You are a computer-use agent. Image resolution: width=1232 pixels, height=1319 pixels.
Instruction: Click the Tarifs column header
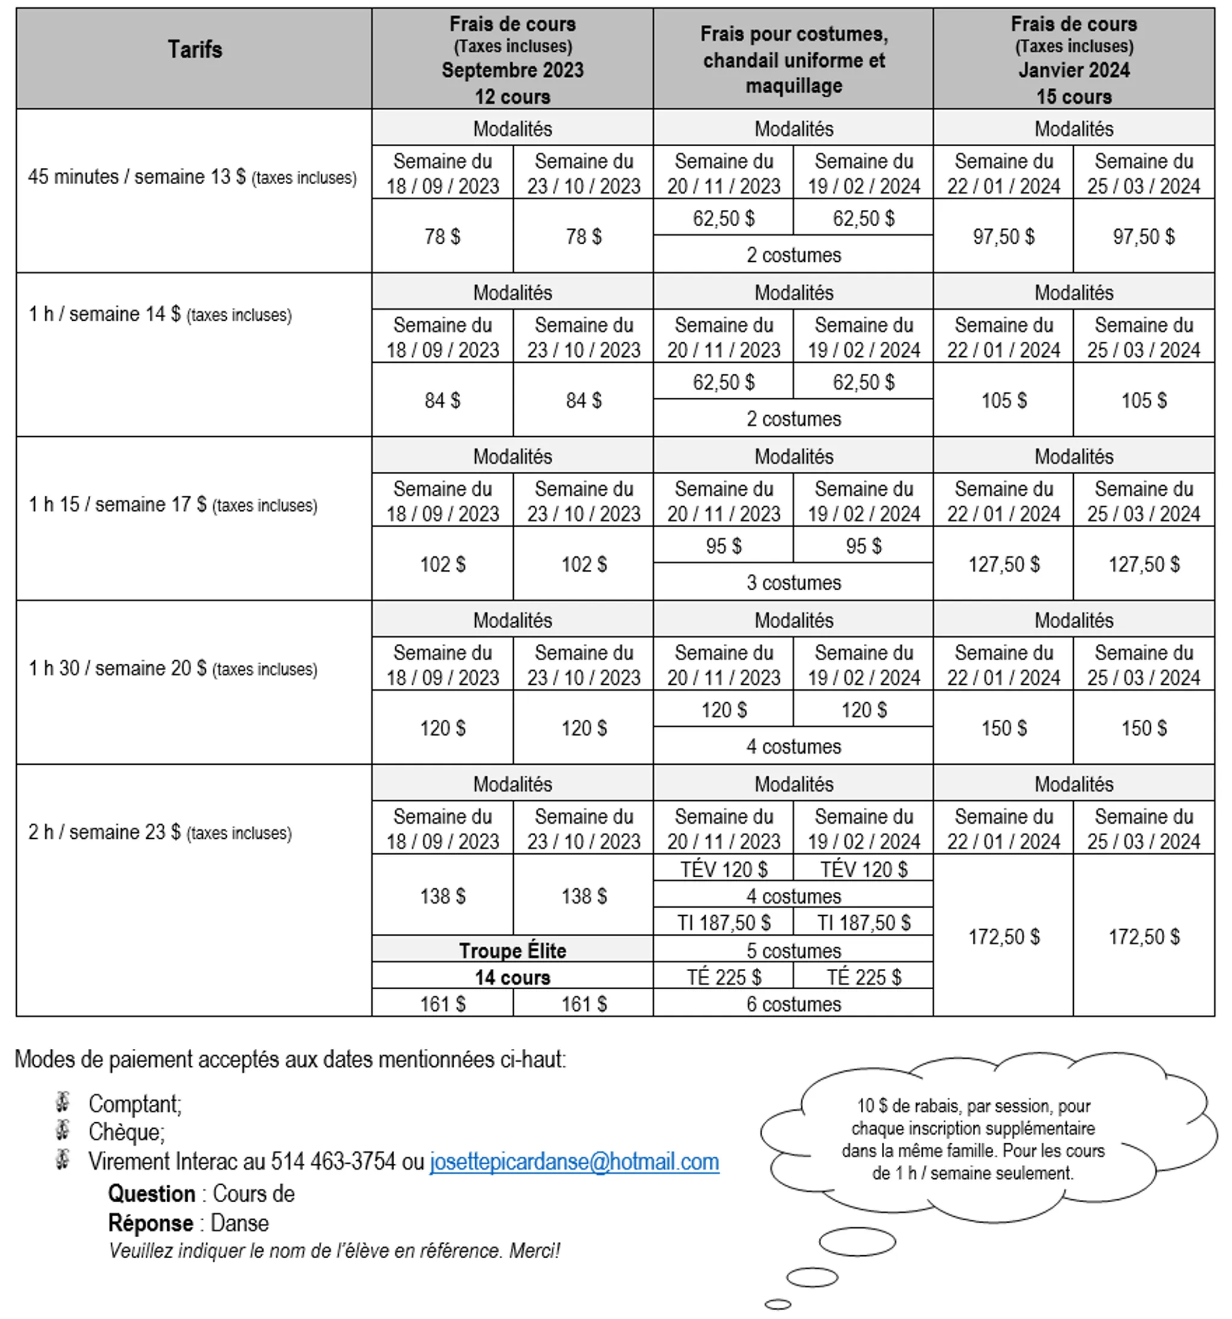tap(194, 50)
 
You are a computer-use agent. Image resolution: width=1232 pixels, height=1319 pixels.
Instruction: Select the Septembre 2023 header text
tap(512, 70)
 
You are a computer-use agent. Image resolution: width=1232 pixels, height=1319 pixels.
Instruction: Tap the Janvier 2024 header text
tap(1073, 70)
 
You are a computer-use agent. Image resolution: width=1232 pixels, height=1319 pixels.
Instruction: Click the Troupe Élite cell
tap(512, 950)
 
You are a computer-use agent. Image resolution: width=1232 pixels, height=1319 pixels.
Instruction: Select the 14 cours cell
tap(512, 977)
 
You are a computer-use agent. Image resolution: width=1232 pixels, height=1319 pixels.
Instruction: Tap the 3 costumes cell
tap(793, 582)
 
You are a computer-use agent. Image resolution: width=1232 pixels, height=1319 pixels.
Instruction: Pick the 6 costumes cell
tap(793, 1004)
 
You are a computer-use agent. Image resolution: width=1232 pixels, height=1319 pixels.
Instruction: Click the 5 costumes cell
tap(793, 950)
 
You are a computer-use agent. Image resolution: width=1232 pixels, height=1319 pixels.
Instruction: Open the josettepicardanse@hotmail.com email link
tap(574, 1162)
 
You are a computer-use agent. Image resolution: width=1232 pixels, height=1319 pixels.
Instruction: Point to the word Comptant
tap(135, 1104)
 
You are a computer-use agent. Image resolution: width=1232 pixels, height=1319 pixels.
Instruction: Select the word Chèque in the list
tap(126, 1132)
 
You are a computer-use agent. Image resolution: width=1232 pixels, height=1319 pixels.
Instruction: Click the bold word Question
tap(151, 1194)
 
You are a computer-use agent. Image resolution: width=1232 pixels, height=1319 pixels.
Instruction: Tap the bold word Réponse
tap(150, 1223)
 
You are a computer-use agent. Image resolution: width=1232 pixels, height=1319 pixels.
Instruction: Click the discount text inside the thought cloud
tap(973, 1139)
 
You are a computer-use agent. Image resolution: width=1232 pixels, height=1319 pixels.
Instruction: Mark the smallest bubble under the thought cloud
tap(778, 1305)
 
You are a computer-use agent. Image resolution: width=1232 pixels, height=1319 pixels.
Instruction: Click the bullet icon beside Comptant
tap(63, 1102)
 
